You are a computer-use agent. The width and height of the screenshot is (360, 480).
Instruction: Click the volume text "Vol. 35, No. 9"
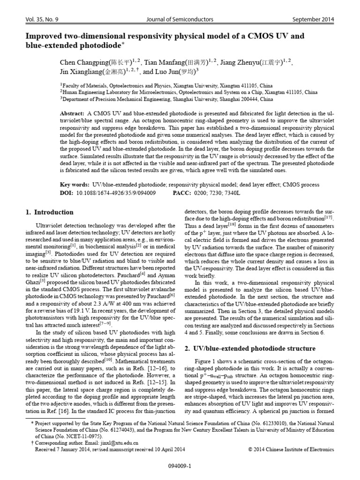[42, 19]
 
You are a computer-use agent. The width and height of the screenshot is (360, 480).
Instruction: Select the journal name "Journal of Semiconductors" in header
[180, 19]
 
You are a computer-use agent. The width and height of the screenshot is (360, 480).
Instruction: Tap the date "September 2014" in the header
[314, 19]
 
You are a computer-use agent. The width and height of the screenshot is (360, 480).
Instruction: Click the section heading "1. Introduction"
[49, 212]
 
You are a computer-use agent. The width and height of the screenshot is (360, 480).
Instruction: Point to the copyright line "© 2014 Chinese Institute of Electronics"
[291, 449]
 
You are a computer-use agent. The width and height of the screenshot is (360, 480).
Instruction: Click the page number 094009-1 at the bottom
[180, 467]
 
